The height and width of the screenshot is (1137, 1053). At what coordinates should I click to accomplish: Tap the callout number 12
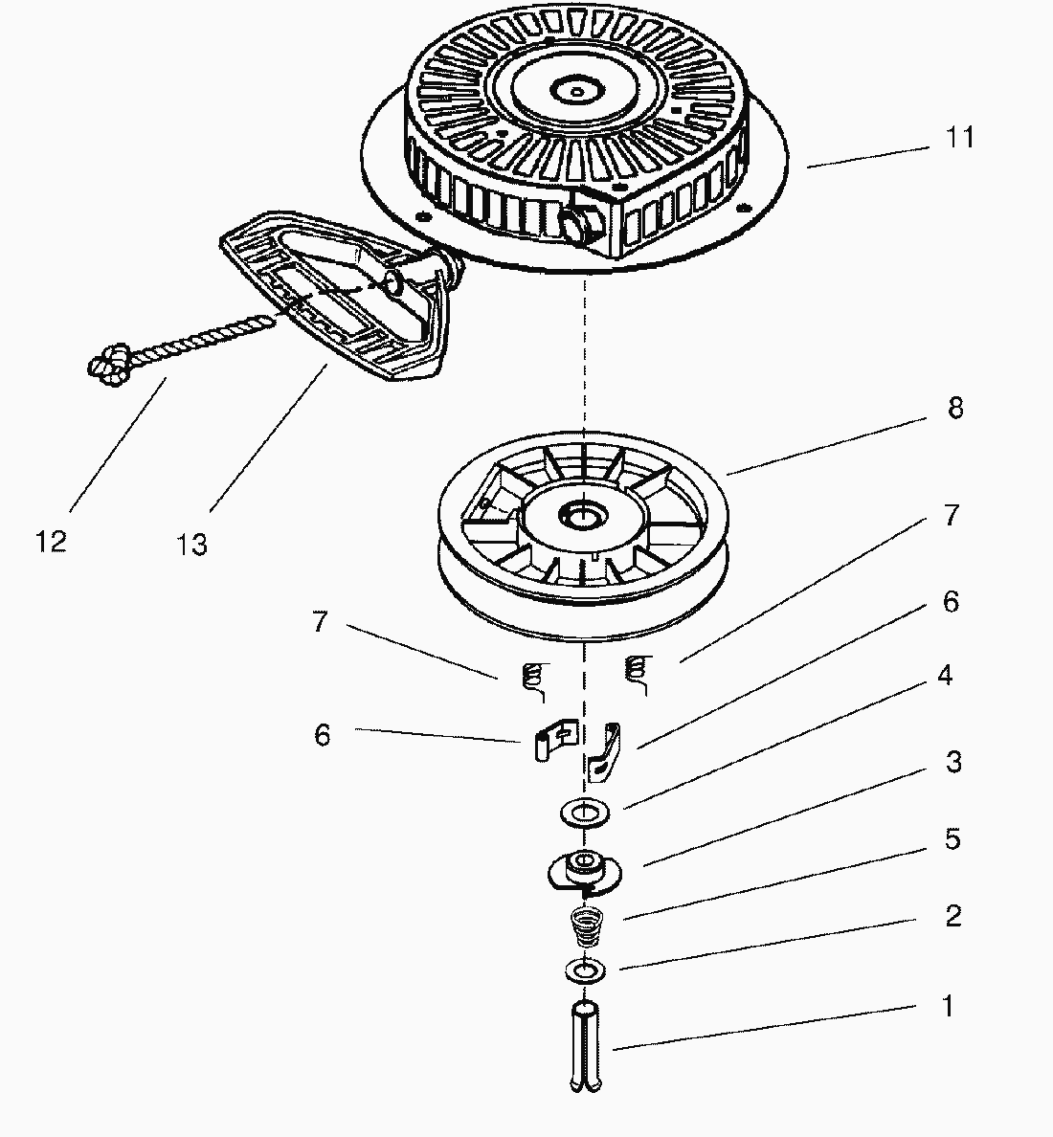(x=52, y=542)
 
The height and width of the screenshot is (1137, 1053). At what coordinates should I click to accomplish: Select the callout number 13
(x=191, y=545)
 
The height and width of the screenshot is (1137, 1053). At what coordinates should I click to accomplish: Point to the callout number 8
(x=954, y=409)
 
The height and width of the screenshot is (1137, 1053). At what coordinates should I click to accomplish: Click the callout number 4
(x=944, y=676)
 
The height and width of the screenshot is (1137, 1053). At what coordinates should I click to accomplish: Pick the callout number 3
(x=953, y=763)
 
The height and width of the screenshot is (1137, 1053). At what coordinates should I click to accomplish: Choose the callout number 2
(x=952, y=916)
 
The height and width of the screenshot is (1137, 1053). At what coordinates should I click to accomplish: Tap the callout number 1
(x=948, y=1007)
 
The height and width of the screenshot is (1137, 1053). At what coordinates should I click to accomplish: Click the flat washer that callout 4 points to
(x=583, y=814)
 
